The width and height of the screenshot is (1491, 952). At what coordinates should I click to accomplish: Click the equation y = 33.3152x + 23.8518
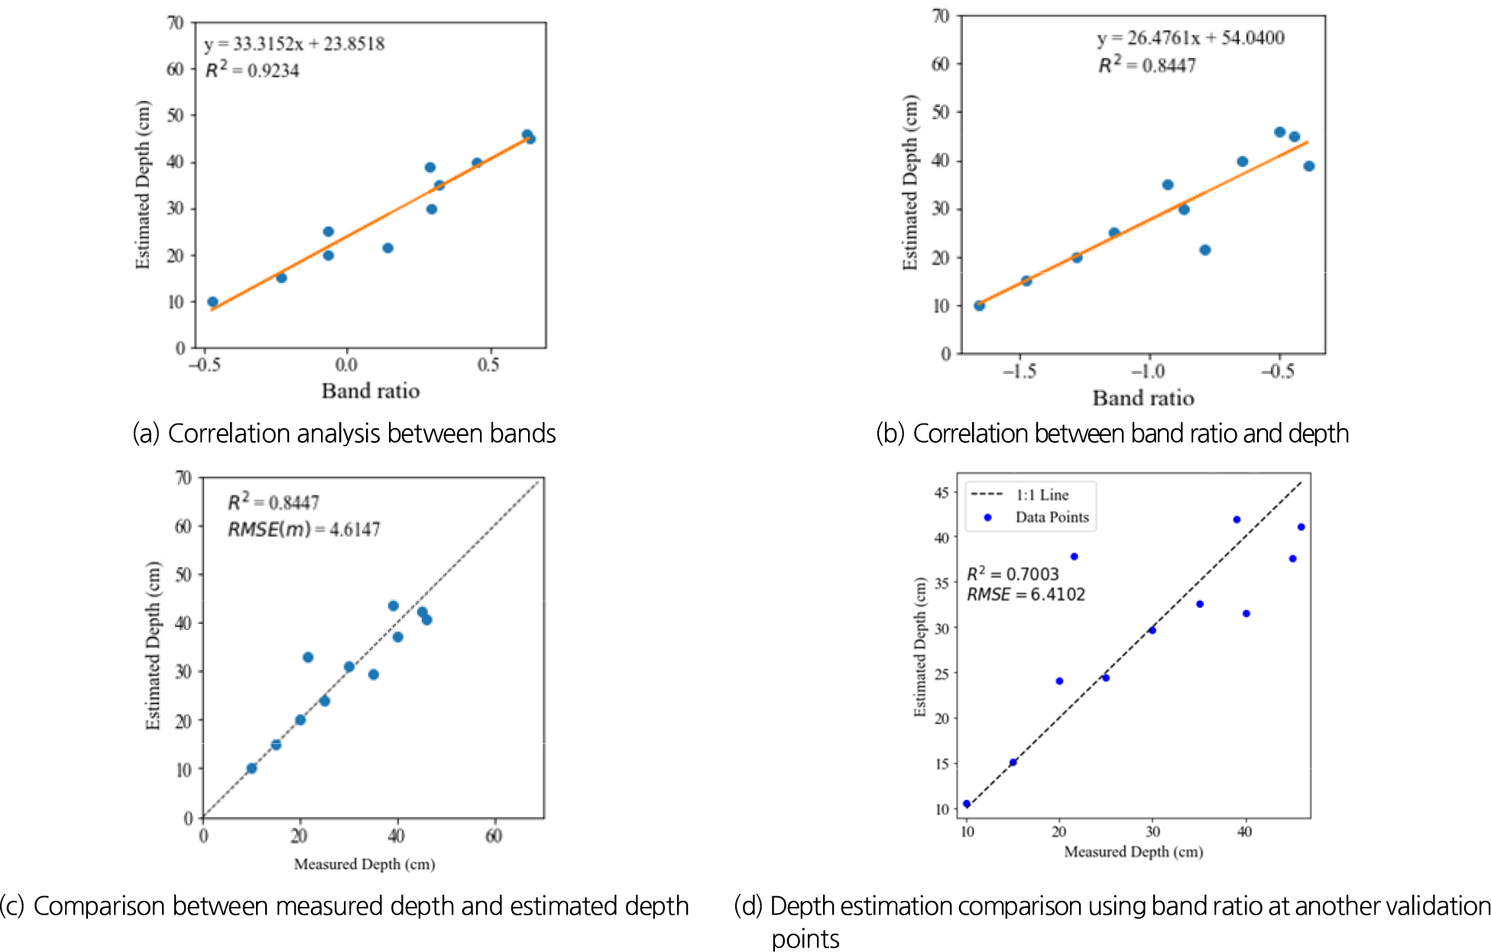294,44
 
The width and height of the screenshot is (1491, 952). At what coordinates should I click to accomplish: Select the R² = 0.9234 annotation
252,70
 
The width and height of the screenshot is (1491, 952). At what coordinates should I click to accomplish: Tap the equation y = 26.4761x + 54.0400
1191,38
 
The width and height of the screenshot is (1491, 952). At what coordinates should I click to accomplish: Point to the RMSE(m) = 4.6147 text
303,529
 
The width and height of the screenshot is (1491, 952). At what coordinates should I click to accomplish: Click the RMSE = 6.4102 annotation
1026,595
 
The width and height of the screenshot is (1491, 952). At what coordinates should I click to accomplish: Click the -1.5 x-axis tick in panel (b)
1019,372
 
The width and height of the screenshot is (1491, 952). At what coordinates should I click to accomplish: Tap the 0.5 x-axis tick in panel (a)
488,366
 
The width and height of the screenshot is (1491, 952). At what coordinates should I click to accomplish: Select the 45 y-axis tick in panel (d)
942,493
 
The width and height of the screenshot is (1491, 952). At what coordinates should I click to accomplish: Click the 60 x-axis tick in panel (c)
494,837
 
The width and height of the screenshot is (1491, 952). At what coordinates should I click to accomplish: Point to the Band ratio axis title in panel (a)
371,392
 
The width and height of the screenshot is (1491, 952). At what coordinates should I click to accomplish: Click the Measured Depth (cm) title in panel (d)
1133,852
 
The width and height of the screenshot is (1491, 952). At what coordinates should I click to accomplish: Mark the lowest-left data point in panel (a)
212,302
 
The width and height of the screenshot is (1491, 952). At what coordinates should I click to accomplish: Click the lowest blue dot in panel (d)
967,804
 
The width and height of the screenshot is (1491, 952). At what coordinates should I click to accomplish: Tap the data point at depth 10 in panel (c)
251,768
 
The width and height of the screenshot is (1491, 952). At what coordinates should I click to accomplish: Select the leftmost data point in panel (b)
979,306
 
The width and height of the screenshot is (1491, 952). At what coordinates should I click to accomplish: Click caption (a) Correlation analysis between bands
344,434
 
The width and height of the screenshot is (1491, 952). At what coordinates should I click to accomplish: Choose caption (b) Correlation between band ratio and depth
1112,434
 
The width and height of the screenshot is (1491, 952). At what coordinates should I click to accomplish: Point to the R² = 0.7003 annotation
1013,574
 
